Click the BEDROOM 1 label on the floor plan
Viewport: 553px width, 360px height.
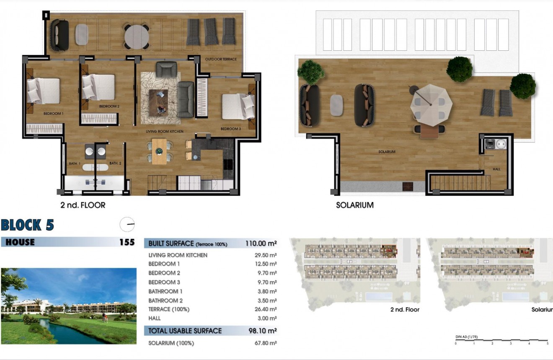pyautogui.click(x=53, y=114)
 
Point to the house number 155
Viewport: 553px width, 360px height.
pyautogui.click(x=127, y=242)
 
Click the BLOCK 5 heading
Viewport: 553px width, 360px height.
pyautogui.click(x=27, y=225)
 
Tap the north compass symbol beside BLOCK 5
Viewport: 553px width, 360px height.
pyautogui.click(x=127, y=225)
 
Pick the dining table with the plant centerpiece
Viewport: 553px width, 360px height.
pyautogui.click(x=159, y=151)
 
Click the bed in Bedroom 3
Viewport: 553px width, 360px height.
pyautogui.click(x=238, y=106)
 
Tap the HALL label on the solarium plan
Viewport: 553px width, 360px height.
pyautogui.click(x=496, y=169)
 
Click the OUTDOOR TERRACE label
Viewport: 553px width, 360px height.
pyautogui.click(x=221, y=59)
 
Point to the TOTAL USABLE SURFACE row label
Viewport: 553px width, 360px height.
pyautogui.click(x=185, y=331)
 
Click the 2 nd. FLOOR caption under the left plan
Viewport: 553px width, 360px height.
pyautogui.click(x=83, y=205)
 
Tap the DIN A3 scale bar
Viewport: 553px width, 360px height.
pyautogui.click(x=501, y=340)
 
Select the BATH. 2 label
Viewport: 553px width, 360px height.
pyautogui.click(x=115, y=163)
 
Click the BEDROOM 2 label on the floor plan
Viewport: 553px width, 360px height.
pyautogui.click(x=109, y=106)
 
